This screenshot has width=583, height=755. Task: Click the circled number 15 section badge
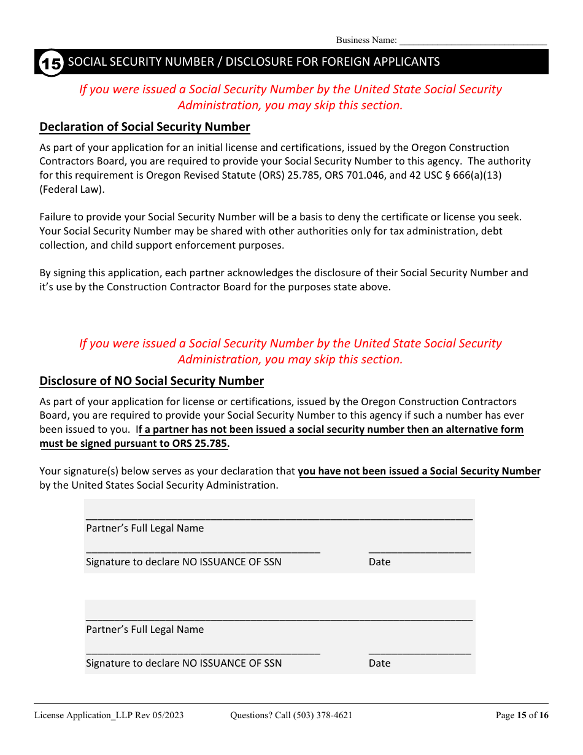[51, 63]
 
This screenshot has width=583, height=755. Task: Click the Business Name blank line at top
[473, 41]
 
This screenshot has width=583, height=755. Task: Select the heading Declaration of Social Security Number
[145, 127]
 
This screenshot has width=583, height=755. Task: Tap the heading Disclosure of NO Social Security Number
[152, 381]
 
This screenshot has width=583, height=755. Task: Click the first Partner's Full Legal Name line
[279, 516]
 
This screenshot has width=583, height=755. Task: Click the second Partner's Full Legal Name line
[279, 618]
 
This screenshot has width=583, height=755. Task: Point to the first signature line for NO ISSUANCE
[203, 550]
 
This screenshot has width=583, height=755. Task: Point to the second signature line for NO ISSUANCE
[203, 651]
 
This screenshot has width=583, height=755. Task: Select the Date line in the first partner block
[420, 550]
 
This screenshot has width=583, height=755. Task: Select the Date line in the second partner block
[420, 651]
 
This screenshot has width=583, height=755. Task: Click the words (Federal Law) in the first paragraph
[72, 190]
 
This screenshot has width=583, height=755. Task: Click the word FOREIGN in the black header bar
[330, 62]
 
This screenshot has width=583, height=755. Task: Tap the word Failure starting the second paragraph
[57, 217]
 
